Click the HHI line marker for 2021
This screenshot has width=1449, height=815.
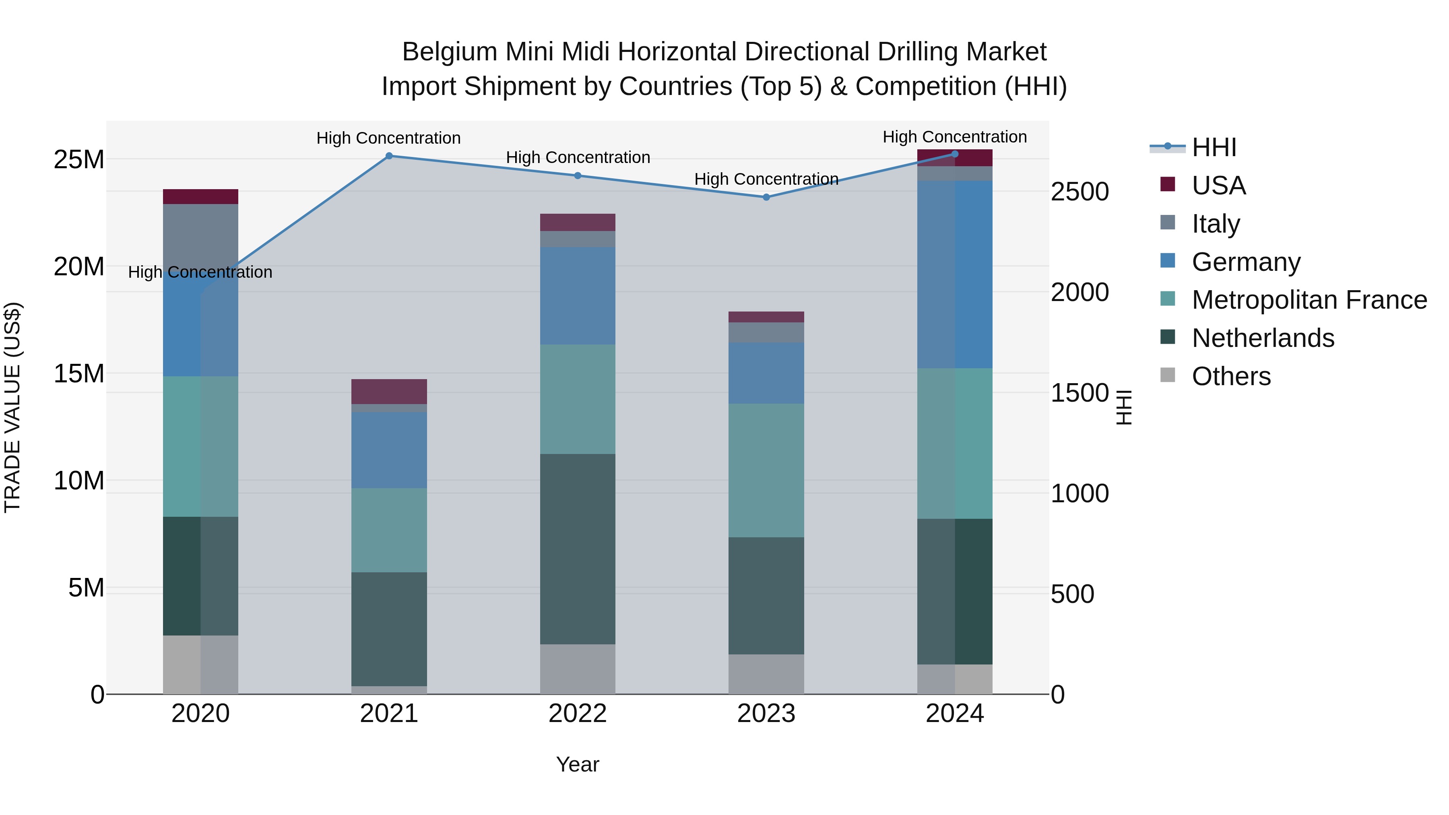(x=389, y=156)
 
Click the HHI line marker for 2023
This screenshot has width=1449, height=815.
(x=766, y=197)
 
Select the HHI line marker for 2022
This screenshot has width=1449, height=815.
(x=577, y=175)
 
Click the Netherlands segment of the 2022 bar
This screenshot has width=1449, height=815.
(x=577, y=549)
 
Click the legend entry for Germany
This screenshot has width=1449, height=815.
(x=1246, y=262)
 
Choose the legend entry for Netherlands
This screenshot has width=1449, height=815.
(x=1263, y=338)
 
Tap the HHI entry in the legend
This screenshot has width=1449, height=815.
(x=1214, y=147)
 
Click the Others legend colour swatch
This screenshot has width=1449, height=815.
(x=1168, y=375)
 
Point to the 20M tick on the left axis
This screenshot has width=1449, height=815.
(x=79, y=266)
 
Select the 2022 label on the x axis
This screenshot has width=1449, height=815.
(x=577, y=714)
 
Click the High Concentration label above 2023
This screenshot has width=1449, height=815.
(x=766, y=179)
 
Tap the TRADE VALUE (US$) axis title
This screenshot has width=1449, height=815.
(x=12, y=407)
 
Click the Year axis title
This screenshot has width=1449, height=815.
(x=577, y=764)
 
